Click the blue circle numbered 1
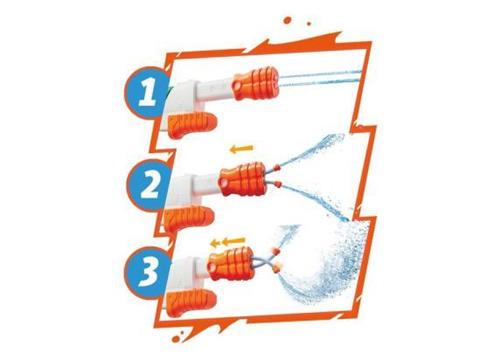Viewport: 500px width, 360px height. click(147, 91)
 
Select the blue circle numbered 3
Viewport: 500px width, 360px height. click(148, 272)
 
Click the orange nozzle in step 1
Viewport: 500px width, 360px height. click(256, 83)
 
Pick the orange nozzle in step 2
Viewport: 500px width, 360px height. click(243, 179)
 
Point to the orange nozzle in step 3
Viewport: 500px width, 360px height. click(229, 263)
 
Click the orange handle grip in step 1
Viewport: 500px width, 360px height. click(192, 124)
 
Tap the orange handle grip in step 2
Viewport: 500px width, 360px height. click(189, 218)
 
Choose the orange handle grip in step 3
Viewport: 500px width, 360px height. click(191, 303)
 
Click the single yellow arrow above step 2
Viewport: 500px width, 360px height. click(241, 149)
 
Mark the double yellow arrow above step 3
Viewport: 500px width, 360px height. click(228, 241)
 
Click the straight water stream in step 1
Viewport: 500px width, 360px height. click(320, 79)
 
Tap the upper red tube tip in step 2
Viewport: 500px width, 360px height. click(276, 167)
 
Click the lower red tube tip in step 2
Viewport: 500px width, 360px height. click(277, 183)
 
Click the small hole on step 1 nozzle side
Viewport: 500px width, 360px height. click(237, 86)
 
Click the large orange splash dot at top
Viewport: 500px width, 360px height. click(287, 20)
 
